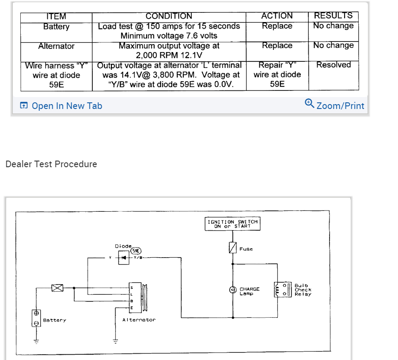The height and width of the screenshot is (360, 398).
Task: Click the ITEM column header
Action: tap(56, 16)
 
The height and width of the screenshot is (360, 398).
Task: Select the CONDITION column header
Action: tap(169, 16)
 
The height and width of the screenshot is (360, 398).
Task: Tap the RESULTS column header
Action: tap(333, 15)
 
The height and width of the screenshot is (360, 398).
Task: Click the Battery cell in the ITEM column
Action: tap(56, 27)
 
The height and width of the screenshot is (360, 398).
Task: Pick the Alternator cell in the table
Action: tap(56, 46)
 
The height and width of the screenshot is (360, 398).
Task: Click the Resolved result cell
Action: tap(334, 65)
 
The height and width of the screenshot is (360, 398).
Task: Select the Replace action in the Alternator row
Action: tap(277, 46)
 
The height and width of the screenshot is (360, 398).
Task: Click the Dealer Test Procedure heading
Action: tap(51, 164)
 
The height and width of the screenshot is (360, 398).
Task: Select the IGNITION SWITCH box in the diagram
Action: tap(233, 224)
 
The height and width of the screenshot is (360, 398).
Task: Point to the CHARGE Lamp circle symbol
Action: tap(232, 290)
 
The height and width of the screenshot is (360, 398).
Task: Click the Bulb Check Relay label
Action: tap(303, 290)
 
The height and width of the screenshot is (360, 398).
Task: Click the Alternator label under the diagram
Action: tap(139, 320)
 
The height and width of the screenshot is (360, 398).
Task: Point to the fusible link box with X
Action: tap(57, 288)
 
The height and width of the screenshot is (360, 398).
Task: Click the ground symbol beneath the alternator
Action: tap(116, 341)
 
